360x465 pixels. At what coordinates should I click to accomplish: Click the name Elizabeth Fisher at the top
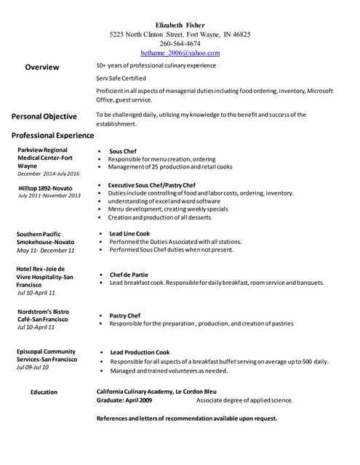click(180, 25)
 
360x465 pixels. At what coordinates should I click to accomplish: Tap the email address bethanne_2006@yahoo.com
click(180, 53)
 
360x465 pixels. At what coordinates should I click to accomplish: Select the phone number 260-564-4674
click(180, 44)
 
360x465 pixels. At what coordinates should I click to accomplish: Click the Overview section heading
click(42, 67)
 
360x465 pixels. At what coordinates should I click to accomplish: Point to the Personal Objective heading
click(44, 116)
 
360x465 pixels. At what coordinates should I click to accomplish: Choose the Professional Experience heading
click(52, 135)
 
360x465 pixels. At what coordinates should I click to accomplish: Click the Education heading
click(44, 392)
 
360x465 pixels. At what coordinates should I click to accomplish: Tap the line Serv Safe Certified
click(121, 78)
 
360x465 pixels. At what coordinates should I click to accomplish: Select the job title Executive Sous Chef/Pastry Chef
click(151, 185)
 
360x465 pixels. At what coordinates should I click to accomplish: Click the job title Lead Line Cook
click(129, 233)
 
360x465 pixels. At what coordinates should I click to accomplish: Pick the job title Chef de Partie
click(129, 275)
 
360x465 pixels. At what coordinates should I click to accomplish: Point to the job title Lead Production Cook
click(140, 352)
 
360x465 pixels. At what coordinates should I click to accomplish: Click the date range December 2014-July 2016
click(49, 174)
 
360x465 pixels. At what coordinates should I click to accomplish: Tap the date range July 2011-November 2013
click(49, 195)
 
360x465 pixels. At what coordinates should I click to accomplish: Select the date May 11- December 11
click(45, 250)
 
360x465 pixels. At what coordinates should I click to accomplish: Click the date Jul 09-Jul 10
click(33, 367)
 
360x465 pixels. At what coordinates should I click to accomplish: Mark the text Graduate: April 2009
click(124, 400)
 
